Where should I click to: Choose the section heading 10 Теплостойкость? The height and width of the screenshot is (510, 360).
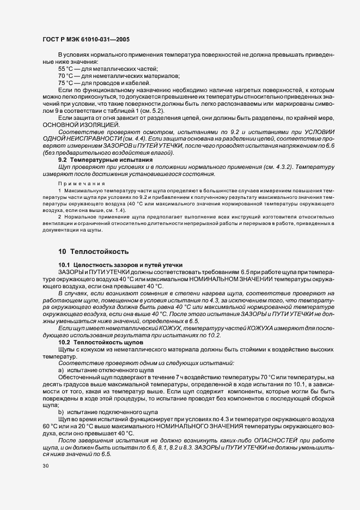click(x=93, y=251)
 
